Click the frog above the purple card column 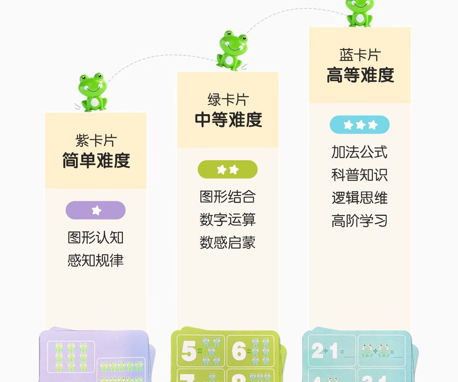[93, 92]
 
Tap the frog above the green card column [232, 51]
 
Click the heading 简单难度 [96, 160]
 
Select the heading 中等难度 [228, 120]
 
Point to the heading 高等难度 [360, 75]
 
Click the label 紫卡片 [96, 141]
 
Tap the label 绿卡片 [228, 100]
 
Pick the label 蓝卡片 [360, 55]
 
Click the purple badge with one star [96, 210]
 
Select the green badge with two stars [228, 169]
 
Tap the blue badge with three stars [360, 125]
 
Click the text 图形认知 [96, 238]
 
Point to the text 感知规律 [96, 261]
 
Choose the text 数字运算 [228, 219]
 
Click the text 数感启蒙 [228, 242]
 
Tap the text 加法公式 [360, 152]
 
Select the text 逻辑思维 [360, 197]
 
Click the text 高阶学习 [360, 221]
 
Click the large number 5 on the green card [189, 351]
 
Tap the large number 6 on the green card [239, 351]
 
